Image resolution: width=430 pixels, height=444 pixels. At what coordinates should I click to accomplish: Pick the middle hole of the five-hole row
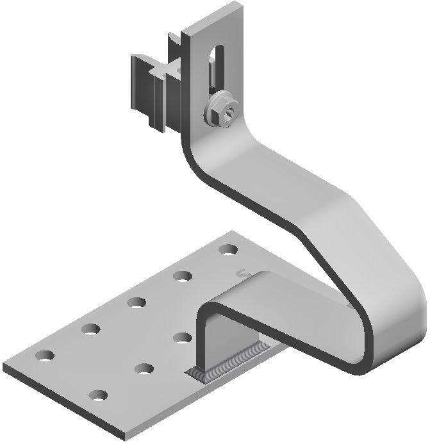click(x=135, y=302)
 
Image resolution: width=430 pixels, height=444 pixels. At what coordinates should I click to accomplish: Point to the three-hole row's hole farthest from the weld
click(x=97, y=396)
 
